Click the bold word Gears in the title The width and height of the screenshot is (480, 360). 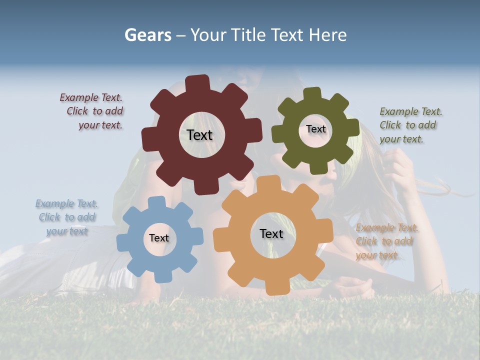(147, 35)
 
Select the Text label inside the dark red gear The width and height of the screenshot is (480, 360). (199, 135)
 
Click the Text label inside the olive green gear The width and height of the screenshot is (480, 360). (316, 129)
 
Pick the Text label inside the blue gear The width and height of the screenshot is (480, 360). (159, 238)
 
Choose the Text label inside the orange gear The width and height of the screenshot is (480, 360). (271, 233)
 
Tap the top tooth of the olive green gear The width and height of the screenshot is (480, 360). (312, 93)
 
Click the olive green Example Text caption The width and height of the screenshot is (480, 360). (410, 125)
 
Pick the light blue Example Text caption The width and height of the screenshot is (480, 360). (66, 217)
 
